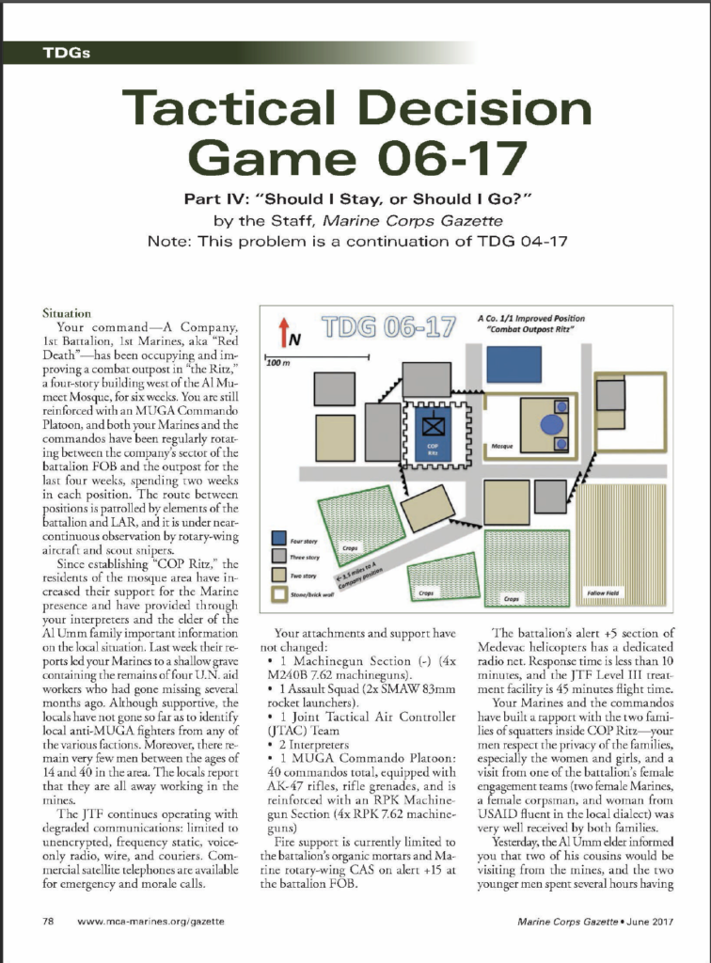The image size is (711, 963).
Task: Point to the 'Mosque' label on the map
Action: (503, 444)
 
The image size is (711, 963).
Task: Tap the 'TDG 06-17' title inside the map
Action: (380, 331)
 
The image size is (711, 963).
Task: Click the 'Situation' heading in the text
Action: (69, 312)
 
